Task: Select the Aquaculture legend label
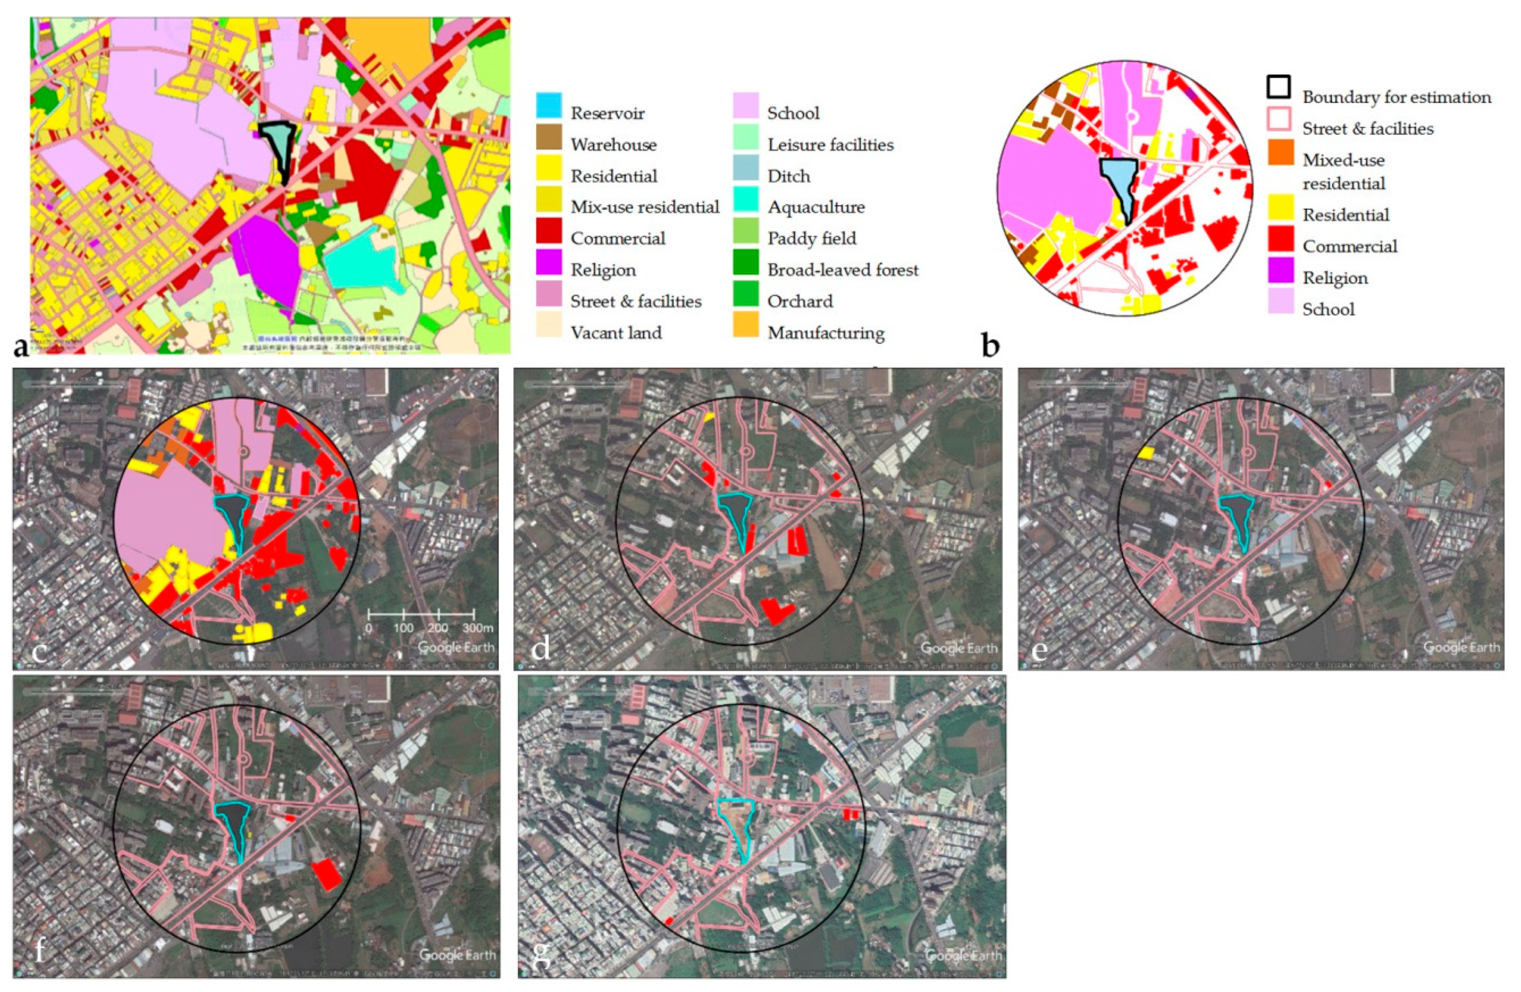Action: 816,207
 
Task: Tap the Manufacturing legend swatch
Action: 746,325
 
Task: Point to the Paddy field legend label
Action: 812,238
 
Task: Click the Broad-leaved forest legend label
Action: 843,270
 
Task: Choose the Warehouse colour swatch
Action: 549,137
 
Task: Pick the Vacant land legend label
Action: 616,333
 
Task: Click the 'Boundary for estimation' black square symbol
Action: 1278,87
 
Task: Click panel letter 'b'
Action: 990,347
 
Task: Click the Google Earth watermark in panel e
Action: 1461,647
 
